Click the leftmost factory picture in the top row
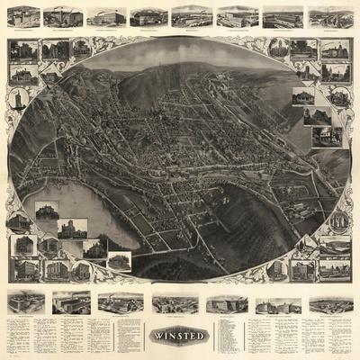[x=24, y=16]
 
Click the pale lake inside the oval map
[x=63, y=211]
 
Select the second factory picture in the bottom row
[x=71, y=302]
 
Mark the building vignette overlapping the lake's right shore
[x=118, y=261]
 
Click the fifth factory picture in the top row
[x=192, y=16]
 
